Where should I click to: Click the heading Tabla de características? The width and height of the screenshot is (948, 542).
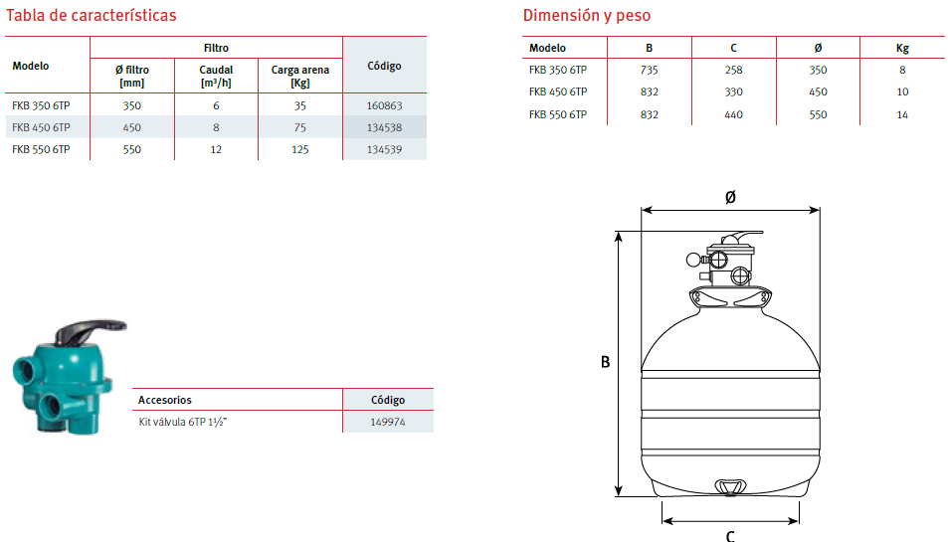click(92, 15)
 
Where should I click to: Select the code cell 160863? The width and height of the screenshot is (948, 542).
click(385, 105)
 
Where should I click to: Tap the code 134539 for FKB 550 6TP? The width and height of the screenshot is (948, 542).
click(385, 149)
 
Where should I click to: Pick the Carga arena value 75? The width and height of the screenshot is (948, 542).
click(299, 127)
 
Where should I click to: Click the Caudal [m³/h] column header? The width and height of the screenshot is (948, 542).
click(216, 77)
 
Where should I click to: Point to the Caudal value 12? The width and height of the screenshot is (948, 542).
click(216, 149)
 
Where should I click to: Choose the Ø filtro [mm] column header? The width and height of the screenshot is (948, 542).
click(131, 77)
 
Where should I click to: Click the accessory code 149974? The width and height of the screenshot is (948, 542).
click(388, 422)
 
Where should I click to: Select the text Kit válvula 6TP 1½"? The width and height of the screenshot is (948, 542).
click(183, 422)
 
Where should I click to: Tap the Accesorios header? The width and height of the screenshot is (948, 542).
click(164, 400)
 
